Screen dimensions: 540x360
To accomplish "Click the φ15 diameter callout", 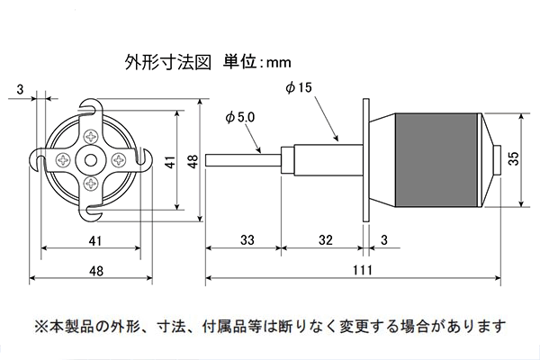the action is pyautogui.click(x=299, y=87).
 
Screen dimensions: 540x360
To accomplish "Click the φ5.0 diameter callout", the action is pyautogui.click(x=240, y=118).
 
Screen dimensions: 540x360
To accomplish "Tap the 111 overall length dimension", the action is pyautogui.click(x=363, y=270).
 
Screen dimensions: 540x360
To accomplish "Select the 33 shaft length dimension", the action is pyautogui.click(x=247, y=239).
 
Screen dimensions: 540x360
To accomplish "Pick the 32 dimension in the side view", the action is pyautogui.click(x=326, y=239).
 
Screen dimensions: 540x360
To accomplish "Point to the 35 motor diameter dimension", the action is pyautogui.click(x=514, y=158).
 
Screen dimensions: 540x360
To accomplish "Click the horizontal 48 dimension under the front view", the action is pyautogui.click(x=96, y=271).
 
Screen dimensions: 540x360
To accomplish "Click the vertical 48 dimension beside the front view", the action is pyautogui.click(x=193, y=161).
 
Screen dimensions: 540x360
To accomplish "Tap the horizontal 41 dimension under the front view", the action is pyautogui.click(x=95, y=240).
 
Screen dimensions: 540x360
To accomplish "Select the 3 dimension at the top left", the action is pyautogui.click(x=20, y=90).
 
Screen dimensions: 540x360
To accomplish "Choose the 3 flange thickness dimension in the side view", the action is pyautogui.click(x=384, y=239).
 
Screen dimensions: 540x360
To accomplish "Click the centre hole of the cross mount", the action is pyautogui.click(x=91, y=160).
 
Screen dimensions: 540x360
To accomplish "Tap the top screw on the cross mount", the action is pyautogui.click(x=92, y=137).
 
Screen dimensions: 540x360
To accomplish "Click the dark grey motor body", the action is pyautogui.click(x=436, y=160).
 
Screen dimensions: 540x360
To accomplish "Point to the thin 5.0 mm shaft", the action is pyautogui.click(x=243, y=160).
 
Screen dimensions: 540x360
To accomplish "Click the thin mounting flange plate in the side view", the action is pyautogui.click(x=366, y=160).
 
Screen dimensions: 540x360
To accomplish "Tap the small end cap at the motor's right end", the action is pyautogui.click(x=497, y=160).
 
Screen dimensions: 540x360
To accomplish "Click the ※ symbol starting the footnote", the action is pyautogui.click(x=41, y=326).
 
